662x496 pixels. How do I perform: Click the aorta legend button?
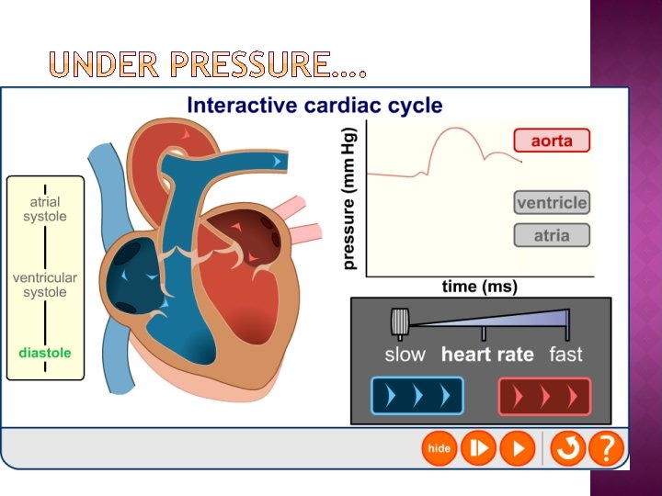coord(552,141)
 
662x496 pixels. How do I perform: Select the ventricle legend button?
coord(552,203)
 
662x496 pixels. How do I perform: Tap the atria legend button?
coord(552,236)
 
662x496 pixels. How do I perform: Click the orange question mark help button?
coord(606,448)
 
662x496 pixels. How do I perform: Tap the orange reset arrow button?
coord(568,448)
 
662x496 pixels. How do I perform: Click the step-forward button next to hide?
coord(478,448)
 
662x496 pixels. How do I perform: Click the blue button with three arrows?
coord(417,397)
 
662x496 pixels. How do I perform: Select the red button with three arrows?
coord(544,397)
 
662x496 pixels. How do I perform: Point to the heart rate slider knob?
coord(399,322)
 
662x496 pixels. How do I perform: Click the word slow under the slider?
coord(405,355)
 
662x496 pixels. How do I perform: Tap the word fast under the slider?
coord(565,355)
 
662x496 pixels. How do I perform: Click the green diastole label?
coord(45,352)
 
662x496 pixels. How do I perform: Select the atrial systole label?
coord(45,209)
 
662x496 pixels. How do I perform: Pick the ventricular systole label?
coord(45,285)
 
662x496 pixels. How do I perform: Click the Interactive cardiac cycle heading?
coord(314,105)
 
